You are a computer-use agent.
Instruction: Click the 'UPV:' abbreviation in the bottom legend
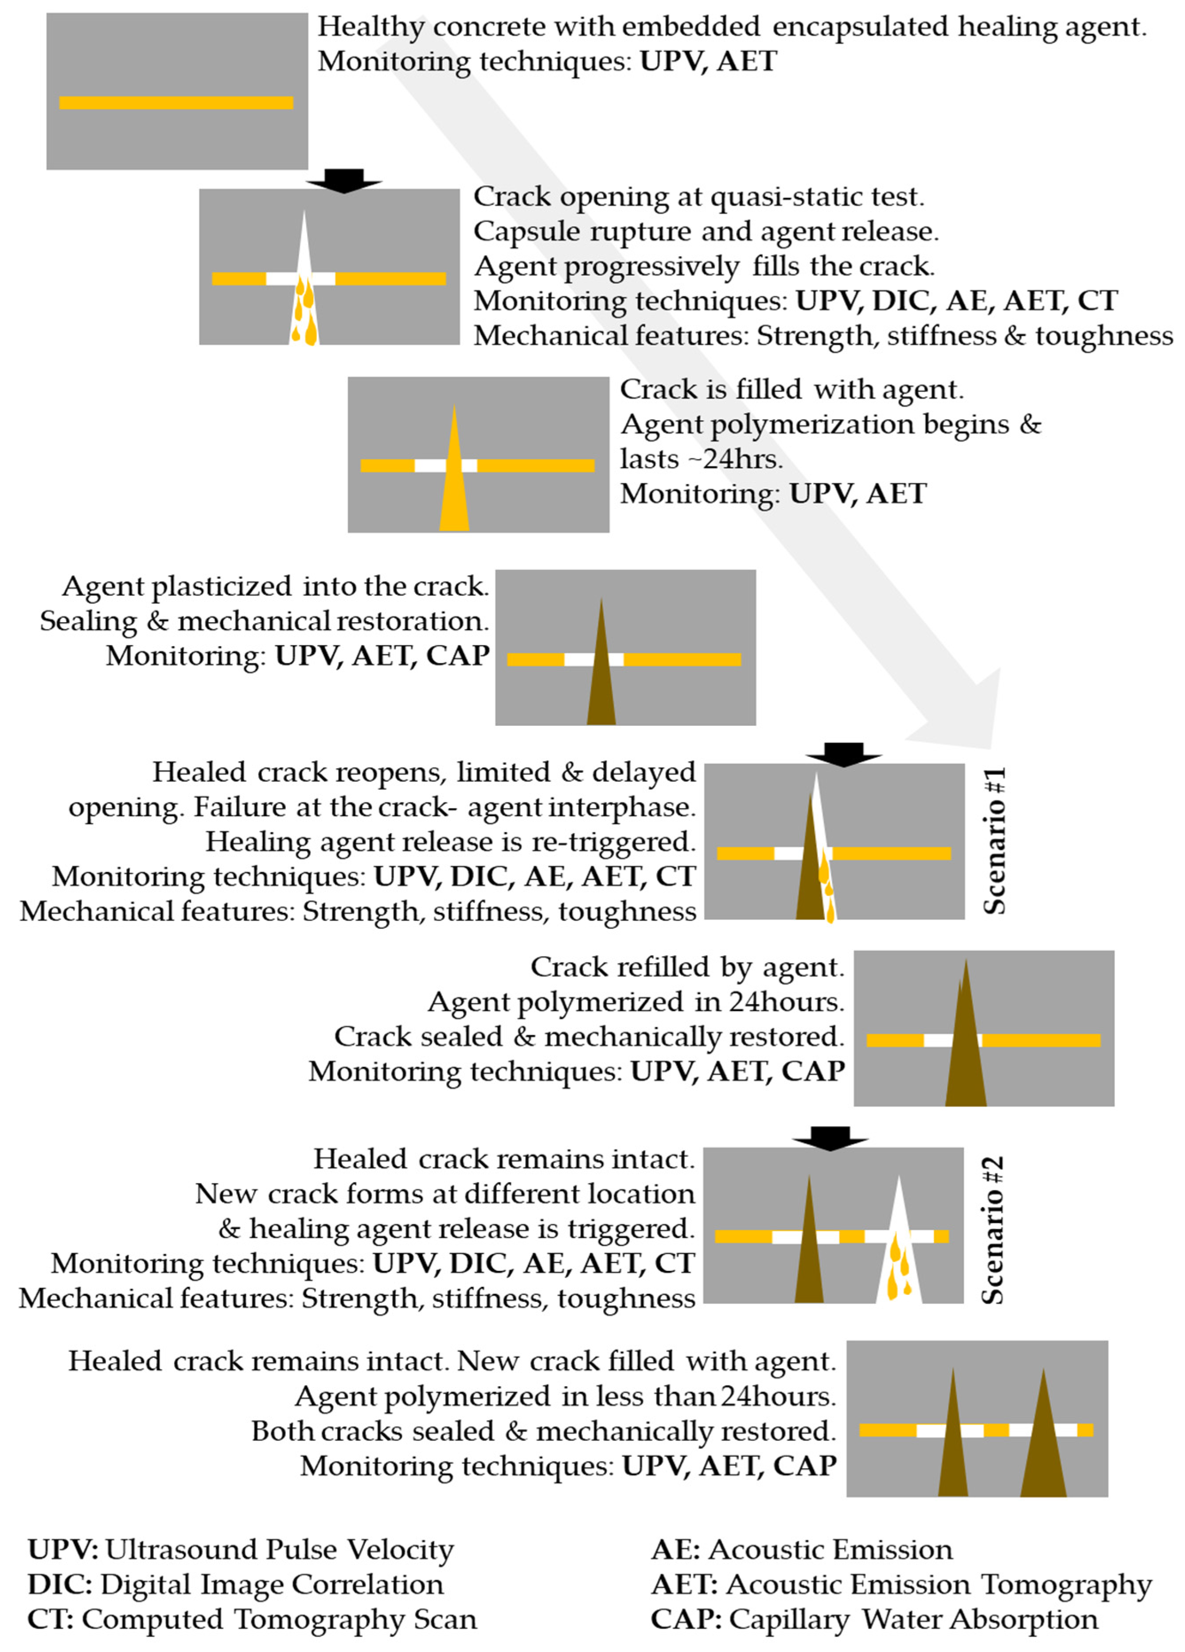click(62, 1549)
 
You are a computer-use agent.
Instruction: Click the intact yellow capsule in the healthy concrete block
click(176, 103)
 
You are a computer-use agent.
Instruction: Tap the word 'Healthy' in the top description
click(371, 27)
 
